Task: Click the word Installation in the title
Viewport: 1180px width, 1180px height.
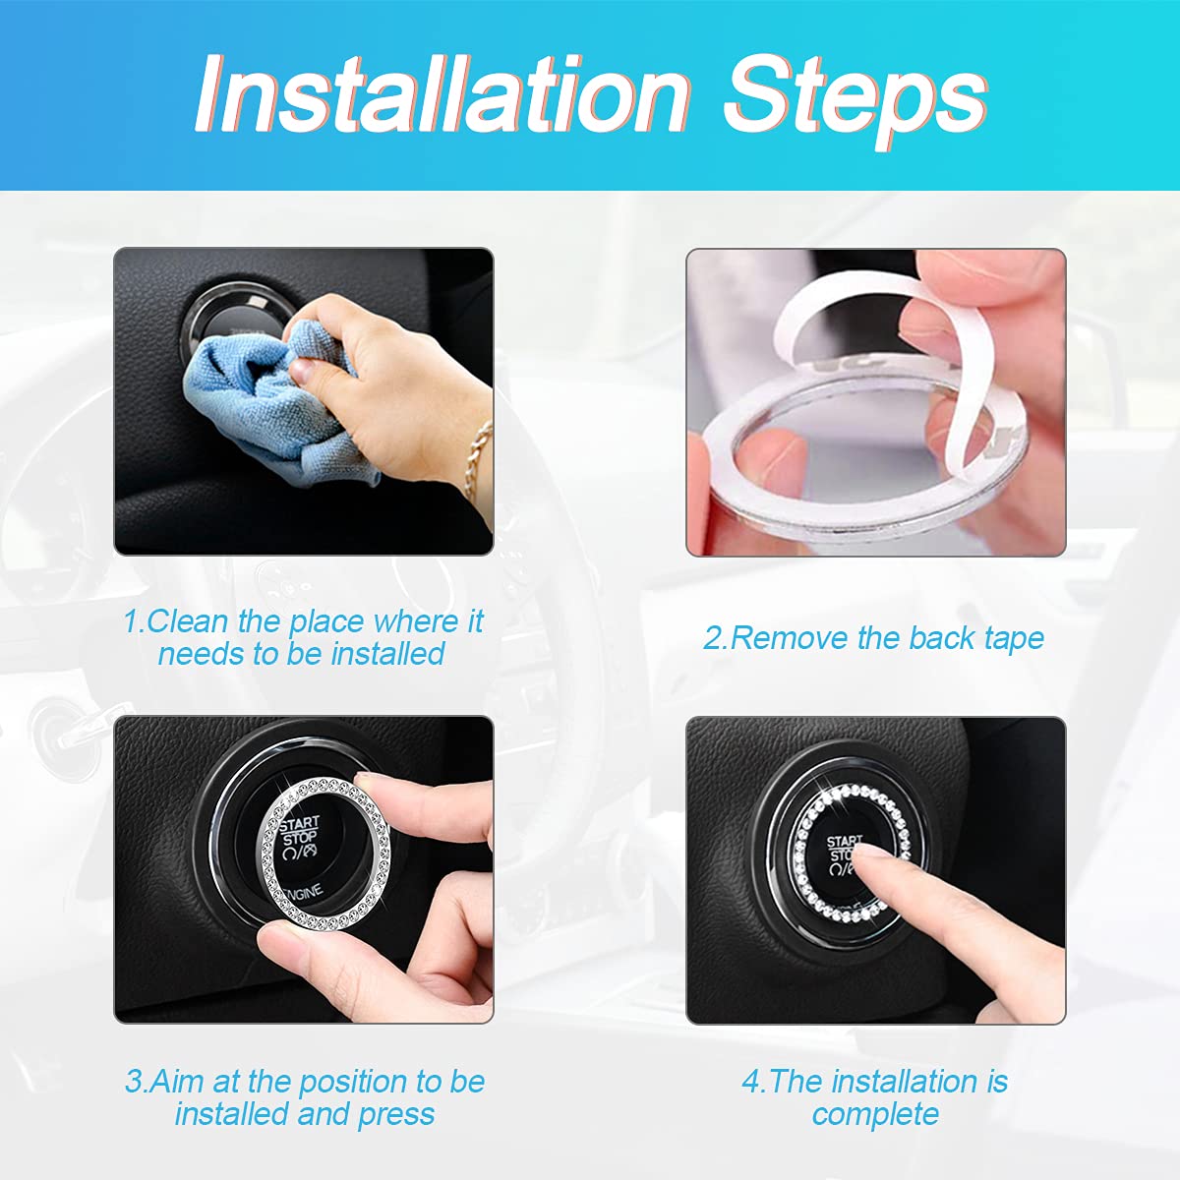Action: click(x=442, y=94)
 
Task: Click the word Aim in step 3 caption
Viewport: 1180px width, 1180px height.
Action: click(x=178, y=1082)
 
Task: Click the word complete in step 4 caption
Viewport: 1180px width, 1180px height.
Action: click(x=875, y=1114)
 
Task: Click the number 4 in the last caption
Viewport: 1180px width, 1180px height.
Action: click(x=752, y=1082)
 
